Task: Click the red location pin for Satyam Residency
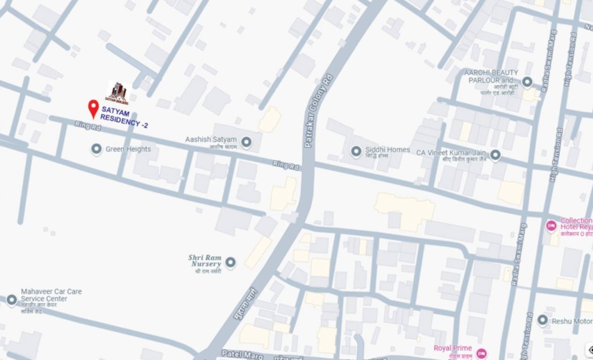pos(93,108)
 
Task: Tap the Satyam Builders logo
pos(118,92)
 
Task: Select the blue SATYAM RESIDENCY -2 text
pos(123,117)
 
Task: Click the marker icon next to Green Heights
pos(96,149)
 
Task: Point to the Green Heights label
pos(128,149)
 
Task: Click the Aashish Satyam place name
pos(211,140)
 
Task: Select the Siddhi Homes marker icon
pos(356,151)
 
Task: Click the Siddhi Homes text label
pos(387,150)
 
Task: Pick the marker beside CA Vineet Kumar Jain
pos(495,154)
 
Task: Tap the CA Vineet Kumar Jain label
pos(451,153)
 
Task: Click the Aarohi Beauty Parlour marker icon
pos(527,82)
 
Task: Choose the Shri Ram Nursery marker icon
pos(230,262)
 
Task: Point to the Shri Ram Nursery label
pos(205,261)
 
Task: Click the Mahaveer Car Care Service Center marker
pos(12,300)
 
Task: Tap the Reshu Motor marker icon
pos(542,321)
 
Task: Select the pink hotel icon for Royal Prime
pos(481,353)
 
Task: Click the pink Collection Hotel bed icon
pos(551,225)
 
